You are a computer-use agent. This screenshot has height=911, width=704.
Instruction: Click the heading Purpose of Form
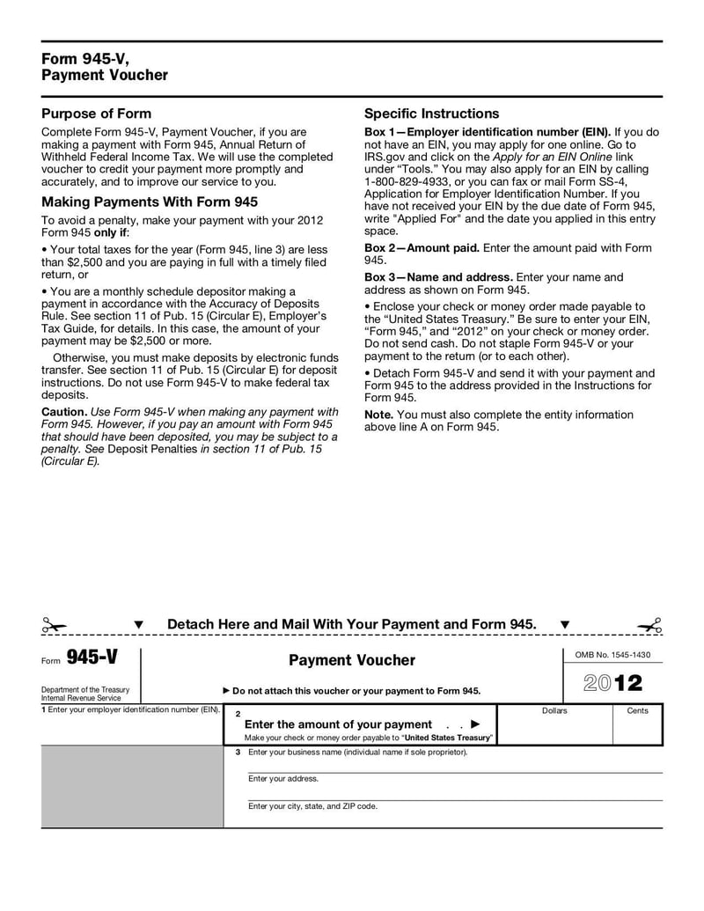click(97, 114)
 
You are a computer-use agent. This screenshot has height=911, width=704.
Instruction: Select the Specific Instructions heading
click(431, 114)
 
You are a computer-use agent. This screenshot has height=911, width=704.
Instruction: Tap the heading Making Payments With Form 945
click(150, 202)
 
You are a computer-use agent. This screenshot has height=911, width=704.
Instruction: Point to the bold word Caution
click(64, 412)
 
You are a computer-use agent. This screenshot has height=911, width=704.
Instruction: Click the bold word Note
click(378, 415)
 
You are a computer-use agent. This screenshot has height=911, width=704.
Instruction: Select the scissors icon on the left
click(54, 626)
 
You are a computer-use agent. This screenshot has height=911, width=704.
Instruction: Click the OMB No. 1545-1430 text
click(612, 655)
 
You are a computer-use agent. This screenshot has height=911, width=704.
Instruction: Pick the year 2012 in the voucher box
click(612, 683)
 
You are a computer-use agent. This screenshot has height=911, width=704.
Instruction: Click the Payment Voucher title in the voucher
click(351, 660)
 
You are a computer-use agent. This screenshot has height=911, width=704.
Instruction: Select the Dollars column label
click(554, 710)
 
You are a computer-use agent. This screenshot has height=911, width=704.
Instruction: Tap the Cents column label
click(637, 710)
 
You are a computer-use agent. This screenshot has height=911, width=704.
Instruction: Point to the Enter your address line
click(283, 779)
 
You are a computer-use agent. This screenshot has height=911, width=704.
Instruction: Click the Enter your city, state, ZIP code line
click(312, 806)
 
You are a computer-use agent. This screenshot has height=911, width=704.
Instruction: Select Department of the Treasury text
click(85, 689)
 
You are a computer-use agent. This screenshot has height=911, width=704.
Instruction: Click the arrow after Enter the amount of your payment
click(476, 724)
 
